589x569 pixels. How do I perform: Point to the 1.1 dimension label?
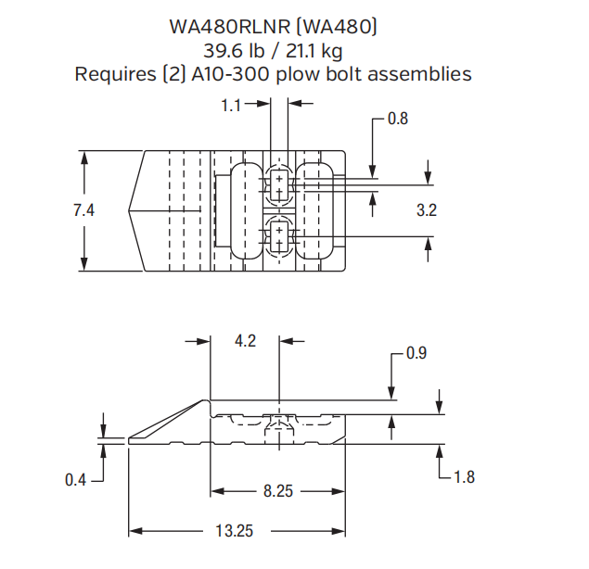coord(232,107)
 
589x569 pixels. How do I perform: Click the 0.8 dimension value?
coord(398,119)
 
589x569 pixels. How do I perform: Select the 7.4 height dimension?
coord(84,210)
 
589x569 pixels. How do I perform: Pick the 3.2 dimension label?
coord(426,210)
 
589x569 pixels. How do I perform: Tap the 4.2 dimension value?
coord(245,341)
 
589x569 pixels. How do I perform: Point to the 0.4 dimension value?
coord(76,479)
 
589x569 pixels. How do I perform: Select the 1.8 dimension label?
coord(465,477)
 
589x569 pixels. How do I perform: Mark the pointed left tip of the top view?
coord(130,210)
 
